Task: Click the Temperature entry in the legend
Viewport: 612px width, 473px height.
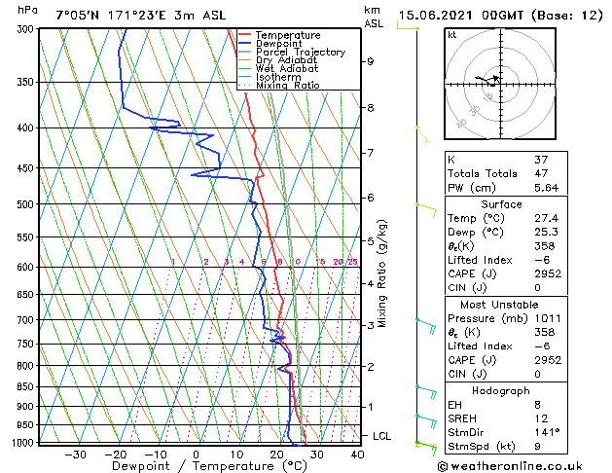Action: click(x=287, y=35)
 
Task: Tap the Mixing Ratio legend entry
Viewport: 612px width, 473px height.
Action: click(x=288, y=86)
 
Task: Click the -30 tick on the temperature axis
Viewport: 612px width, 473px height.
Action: click(x=75, y=455)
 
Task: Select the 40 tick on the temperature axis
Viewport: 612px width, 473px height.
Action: click(x=357, y=455)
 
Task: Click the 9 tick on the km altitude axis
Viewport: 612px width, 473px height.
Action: click(x=371, y=61)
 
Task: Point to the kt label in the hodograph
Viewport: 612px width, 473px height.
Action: click(x=452, y=34)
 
